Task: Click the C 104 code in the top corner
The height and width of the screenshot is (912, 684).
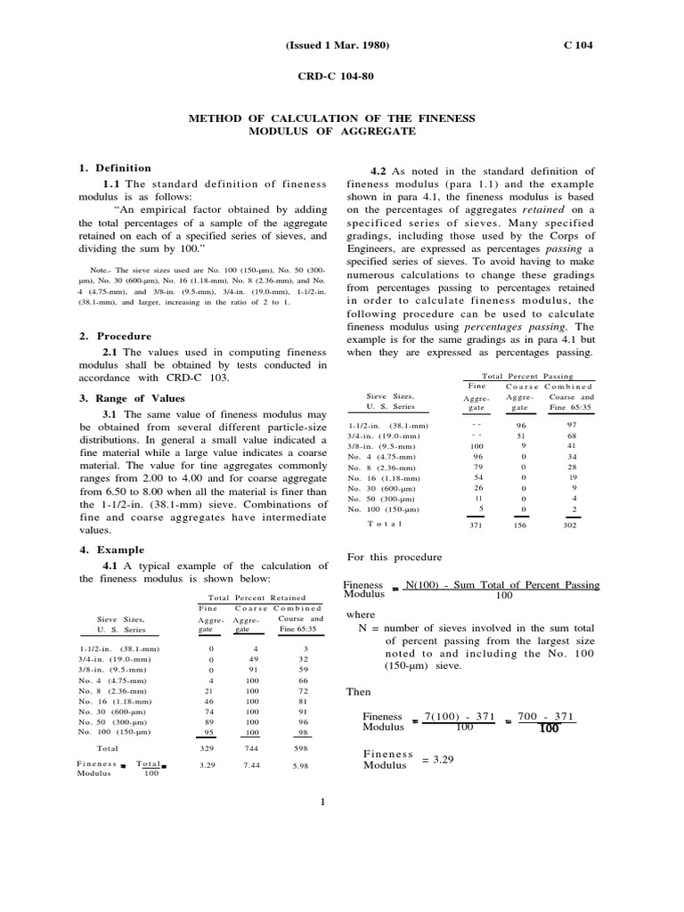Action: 578,45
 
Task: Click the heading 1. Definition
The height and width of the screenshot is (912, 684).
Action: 115,167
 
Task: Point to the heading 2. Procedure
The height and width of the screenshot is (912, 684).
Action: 115,336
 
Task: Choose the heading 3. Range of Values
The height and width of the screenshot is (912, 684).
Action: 131,398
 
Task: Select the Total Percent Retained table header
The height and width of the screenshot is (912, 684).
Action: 256,598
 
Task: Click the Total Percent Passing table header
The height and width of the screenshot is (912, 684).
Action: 527,376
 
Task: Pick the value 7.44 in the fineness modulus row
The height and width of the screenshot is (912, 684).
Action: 251,765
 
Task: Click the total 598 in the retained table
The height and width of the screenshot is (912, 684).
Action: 300,749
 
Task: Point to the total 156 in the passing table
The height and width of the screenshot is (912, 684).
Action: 522,526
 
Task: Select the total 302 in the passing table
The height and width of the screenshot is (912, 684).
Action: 572,526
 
